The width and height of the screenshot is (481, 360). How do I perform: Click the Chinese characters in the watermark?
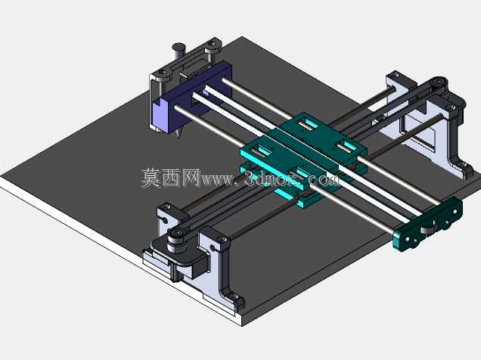[x=170, y=178]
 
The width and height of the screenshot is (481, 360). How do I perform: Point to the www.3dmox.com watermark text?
[x=270, y=179]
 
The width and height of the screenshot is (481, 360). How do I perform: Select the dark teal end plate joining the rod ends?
[x=427, y=225]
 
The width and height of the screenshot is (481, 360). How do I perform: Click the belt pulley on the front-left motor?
[x=175, y=241]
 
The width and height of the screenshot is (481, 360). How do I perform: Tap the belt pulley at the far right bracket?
[x=439, y=82]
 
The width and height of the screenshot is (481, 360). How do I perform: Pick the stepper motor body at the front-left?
[x=181, y=264]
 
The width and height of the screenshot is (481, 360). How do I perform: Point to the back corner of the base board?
[x=242, y=37]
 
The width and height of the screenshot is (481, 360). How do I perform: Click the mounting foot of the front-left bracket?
[x=234, y=298]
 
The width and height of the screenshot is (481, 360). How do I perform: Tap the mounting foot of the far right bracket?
[x=464, y=170]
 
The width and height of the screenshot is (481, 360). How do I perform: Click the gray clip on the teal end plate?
[x=428, y=228]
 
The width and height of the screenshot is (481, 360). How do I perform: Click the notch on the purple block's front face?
[x=157, y=105]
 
